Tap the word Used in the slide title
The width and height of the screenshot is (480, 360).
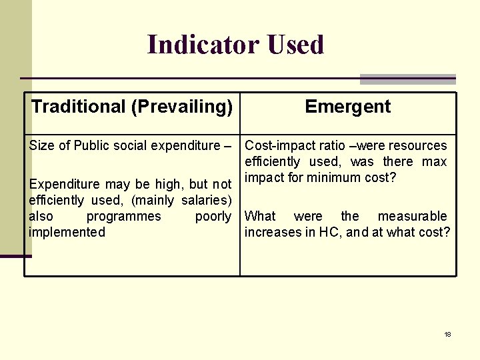(x=295, y=45)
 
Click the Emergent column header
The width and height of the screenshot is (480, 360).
(x=348, y=107)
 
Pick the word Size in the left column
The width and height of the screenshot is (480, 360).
(x=43, y=145)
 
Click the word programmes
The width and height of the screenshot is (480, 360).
(x=124, y=216)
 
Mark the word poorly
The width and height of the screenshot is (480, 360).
(x=213, y=216)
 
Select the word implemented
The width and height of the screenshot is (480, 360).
(x=67, y=232)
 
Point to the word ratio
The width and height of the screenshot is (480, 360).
(x=327, y=145)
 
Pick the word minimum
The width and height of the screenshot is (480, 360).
(x=333, y=178)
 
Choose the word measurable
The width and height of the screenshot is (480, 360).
(x=413, y=216)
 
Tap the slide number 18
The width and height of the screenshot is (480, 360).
(x=448, y=334)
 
